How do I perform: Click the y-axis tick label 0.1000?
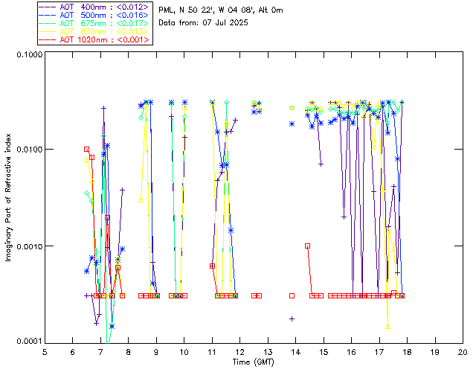click(28, 55)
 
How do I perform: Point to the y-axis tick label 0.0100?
click(28, 150)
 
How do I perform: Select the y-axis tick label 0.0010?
click(28, 246)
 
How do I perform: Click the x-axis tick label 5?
click(45, 351)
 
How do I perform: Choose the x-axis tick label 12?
click(239, 351)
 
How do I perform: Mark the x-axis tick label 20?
click(463, 351)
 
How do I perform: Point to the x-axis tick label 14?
click(295, 351)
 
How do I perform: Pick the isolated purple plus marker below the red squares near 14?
click(292, 318)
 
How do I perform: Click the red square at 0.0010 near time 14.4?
click(307, 246)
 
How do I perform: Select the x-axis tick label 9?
click(156, 351)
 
